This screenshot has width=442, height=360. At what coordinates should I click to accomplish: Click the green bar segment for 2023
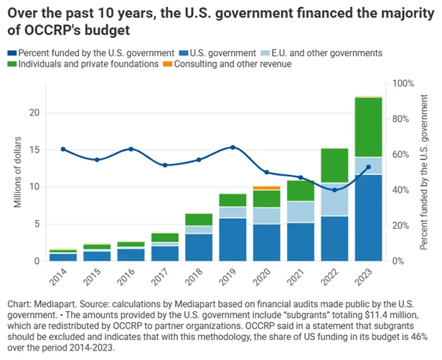pos(368,127)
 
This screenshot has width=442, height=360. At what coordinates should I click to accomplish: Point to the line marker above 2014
pos(63,149)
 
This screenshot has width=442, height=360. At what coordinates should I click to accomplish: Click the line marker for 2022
pos(334,190)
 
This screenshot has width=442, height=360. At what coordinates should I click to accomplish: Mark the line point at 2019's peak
pos(232,147)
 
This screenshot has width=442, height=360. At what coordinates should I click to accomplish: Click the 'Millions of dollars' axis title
pos(19,172)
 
